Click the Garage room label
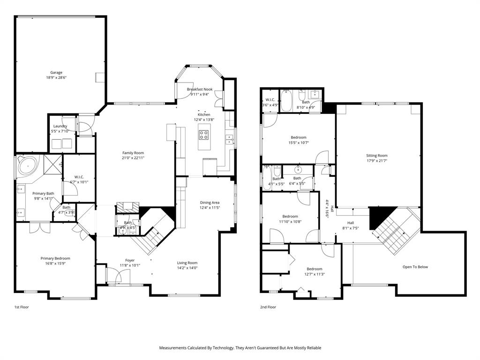(56, 73)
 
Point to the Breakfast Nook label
(200, 89)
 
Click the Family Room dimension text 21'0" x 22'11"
(133, 158)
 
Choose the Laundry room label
(60, 126)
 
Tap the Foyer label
(130, 260)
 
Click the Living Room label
(187, 262)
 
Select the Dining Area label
(210, 202)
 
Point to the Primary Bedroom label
(55, 258)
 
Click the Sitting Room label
(377, 156)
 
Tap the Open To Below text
(415, 267)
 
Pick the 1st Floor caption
(22, 307)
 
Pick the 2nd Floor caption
(268, 307)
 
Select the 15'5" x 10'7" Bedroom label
(299, 137)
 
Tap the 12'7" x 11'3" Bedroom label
(314, 269)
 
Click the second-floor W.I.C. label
(270, 100)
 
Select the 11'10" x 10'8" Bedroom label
(290, 217)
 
